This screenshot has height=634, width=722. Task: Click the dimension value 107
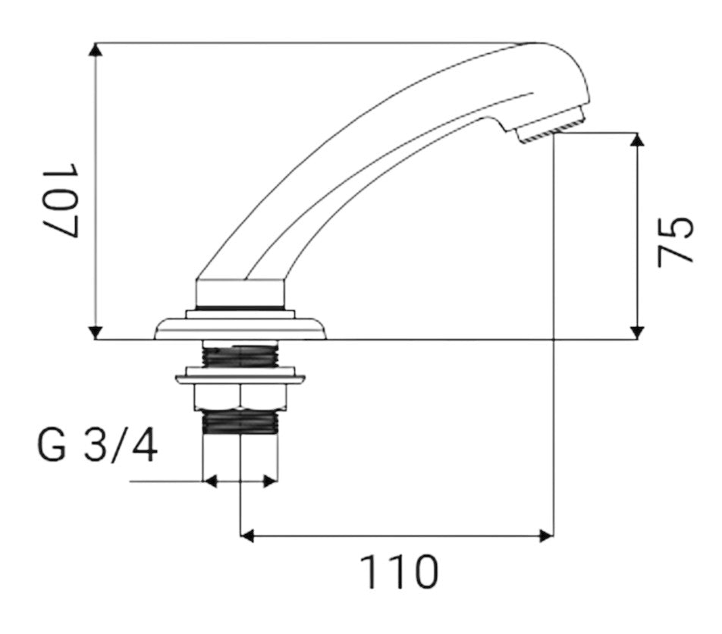pyautogui.click(x=61, y=199)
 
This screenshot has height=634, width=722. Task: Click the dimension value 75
pyautogui.click(x=675, y=241)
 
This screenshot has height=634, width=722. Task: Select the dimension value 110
pyautogui.click(x=399, y=572)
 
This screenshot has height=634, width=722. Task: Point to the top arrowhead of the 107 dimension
pyautogui.click(x=96, y=49)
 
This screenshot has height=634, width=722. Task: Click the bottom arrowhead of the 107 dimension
pyautogui.click(x=96, y=333)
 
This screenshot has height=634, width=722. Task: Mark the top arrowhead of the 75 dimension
pyautogui.click(x=637, y=140)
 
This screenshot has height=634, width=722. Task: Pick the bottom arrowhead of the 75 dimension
pyautogui.click(x=637, y=333)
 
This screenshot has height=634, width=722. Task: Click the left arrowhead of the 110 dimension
pyautogui.click(x=247, y=536)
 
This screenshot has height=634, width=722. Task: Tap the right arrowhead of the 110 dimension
pyautogui.click(x=547, y=536)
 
